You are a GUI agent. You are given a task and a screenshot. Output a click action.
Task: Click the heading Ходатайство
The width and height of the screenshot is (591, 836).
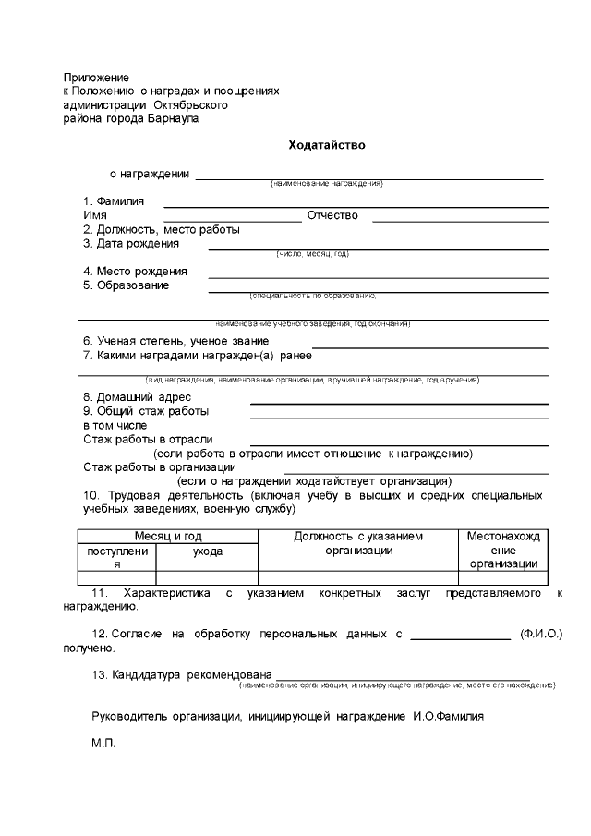(328, 145)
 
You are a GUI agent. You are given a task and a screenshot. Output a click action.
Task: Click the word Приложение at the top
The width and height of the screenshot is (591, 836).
(96, 78)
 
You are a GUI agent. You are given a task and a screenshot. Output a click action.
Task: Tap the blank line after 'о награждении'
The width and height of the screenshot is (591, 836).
(368, 176)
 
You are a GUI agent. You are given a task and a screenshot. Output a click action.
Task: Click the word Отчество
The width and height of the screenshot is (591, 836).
(332, 216)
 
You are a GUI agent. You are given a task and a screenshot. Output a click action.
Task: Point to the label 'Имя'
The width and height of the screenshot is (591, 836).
(94, 216)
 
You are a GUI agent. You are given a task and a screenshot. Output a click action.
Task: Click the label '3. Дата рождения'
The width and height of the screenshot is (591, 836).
(131, 244)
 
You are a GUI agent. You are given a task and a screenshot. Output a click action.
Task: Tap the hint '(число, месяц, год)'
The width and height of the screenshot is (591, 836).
(313, 253)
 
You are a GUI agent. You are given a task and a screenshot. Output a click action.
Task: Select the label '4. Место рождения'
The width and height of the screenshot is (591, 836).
(135, 272)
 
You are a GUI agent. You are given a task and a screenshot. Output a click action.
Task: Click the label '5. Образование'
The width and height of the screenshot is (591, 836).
(127, 285)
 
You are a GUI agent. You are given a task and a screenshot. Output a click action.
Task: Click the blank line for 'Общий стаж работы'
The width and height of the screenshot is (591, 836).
(399, 418)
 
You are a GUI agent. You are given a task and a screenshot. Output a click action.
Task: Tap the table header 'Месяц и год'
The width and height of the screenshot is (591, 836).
(168, 537)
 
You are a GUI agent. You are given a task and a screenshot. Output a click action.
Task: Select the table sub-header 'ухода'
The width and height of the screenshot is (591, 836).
(207, 551)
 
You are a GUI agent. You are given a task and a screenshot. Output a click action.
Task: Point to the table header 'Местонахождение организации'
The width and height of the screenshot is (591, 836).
(503, 551)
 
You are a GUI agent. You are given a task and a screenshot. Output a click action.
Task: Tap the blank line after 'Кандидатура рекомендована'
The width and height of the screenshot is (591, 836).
(403, 679)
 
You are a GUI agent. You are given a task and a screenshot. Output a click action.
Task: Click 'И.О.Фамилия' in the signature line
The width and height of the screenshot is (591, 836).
(448, 716)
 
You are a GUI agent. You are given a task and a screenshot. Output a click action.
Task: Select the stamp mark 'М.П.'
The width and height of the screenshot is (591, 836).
(103, 743)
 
